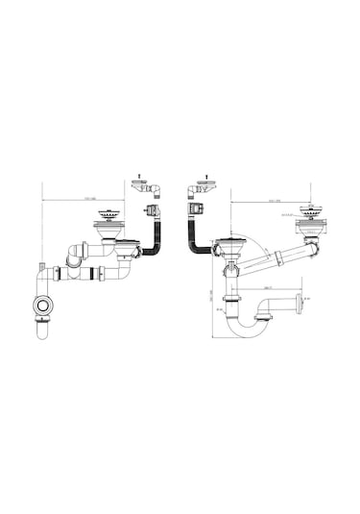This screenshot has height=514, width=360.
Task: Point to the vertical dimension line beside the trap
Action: point(212,298)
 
